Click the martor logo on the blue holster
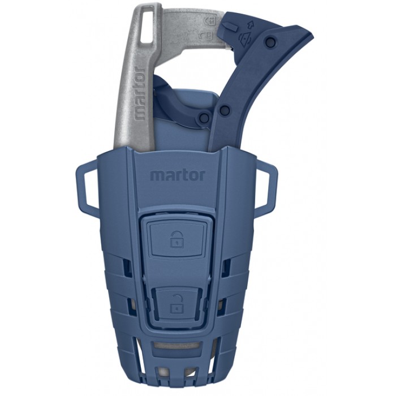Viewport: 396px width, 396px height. tap(177, 175)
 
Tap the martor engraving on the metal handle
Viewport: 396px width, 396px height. tap(140, 93)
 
